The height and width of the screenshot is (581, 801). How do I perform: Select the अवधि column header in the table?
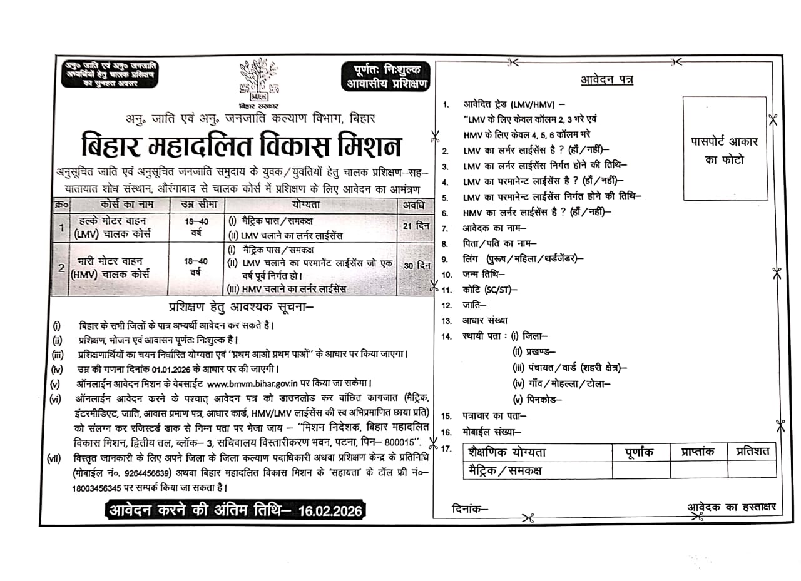pos(414,205)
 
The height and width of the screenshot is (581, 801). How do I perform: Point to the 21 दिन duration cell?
pos(414,226)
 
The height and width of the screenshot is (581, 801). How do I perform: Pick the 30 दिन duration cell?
pos(416,265)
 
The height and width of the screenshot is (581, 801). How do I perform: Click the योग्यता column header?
pos(310,205)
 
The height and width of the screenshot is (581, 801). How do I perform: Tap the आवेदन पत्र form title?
pos(606,80)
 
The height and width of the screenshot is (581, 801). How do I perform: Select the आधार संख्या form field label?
pos(485,321)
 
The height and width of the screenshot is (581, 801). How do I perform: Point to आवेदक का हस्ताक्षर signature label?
pos(731,507)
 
